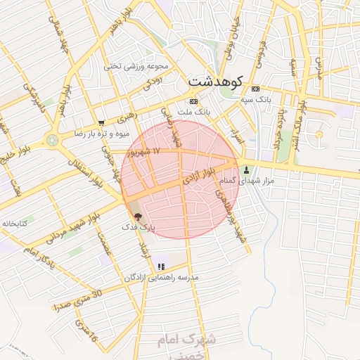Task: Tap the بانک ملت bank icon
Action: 193,101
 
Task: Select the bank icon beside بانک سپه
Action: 255,89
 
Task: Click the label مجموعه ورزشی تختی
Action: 137,67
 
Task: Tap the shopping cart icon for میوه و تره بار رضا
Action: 102,122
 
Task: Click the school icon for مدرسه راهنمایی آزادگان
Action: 161,266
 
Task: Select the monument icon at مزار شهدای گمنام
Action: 246,170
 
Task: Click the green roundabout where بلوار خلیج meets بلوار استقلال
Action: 53,140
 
